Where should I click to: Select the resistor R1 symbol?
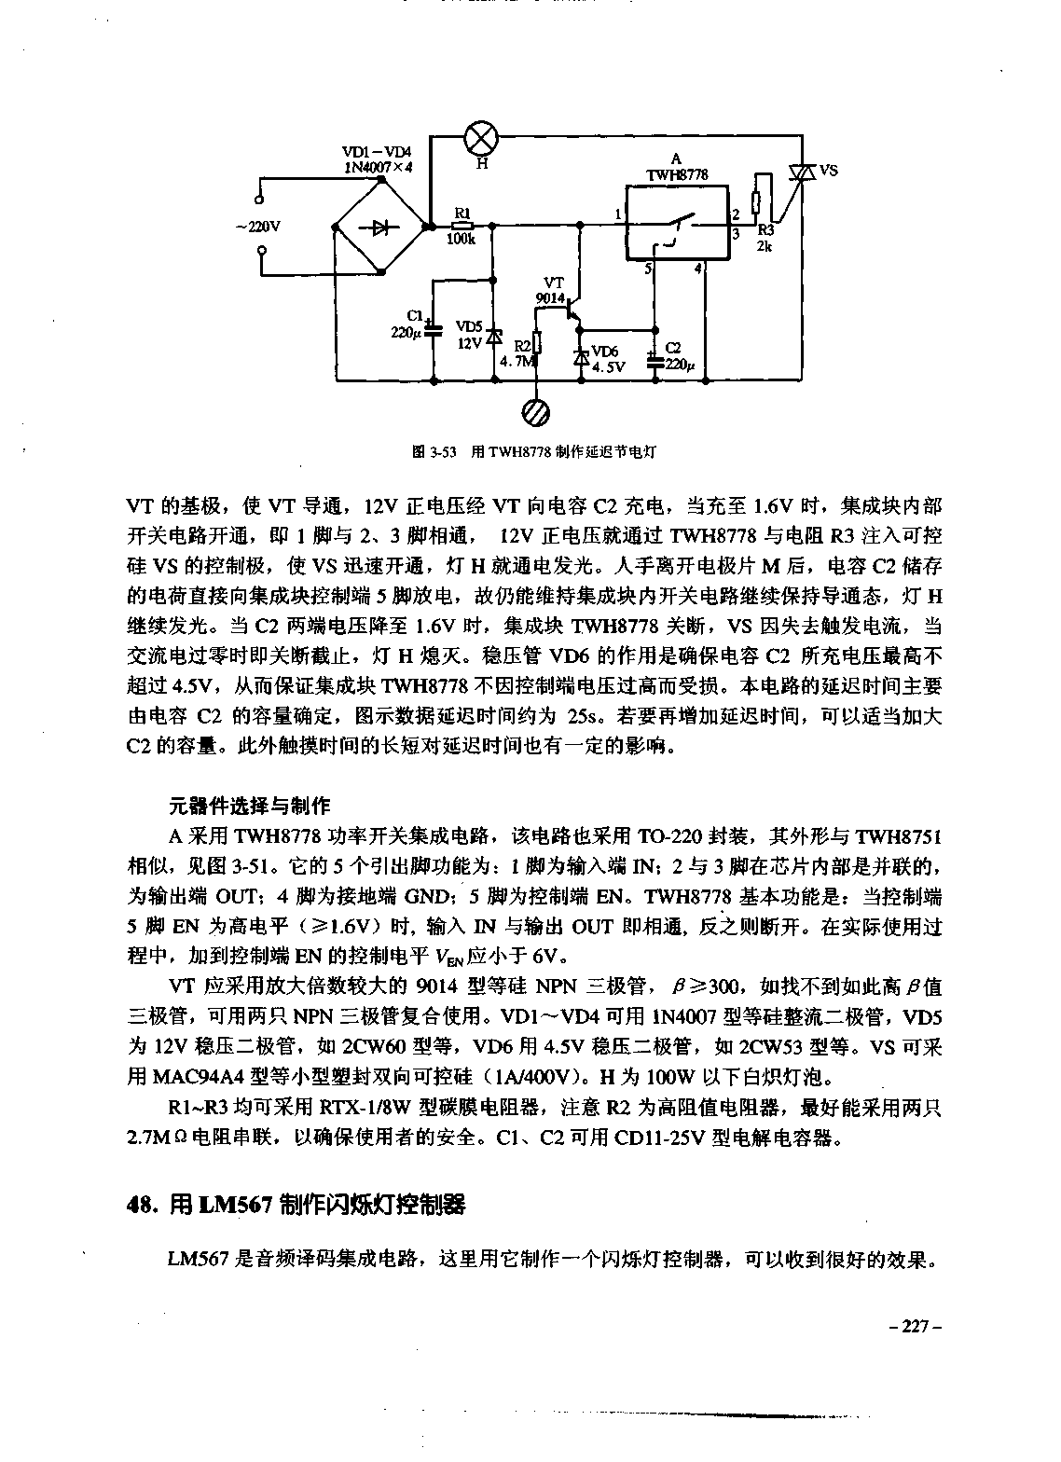click(462, 225)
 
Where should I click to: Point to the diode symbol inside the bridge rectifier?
click(380, 226)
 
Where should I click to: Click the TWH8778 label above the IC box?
click(677, 174)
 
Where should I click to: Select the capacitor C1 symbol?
click(434, 325)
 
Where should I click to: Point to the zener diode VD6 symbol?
click(581, 357)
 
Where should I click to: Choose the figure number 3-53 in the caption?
click(437, 452)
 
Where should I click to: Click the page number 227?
click(917, 1327)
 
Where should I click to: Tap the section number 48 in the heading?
click(141, 1205)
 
